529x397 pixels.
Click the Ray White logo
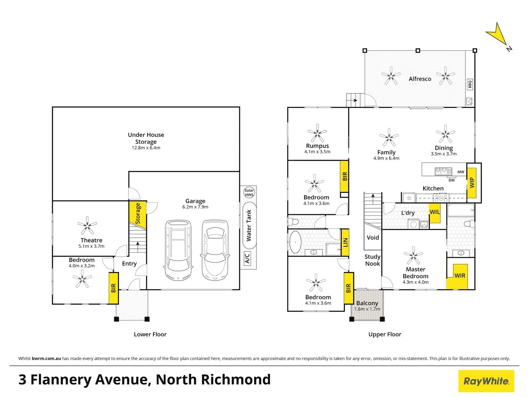click(486, 381)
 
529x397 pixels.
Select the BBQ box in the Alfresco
click(470, 85)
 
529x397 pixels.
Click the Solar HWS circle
click(249, 192)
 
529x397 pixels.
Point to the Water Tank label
click(249, 225)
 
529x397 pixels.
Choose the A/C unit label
click(247, 258)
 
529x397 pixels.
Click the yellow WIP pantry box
click(472, 183)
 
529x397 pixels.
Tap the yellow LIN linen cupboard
click(345, 242)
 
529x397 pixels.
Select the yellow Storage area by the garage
click(138, 214)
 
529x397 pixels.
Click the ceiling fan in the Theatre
click(87, 225)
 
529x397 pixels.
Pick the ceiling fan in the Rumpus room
click(317, 133)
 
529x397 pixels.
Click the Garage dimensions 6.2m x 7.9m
click(195, 207)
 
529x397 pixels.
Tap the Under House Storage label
click(146, 138)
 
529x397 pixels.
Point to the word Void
click(373, 237)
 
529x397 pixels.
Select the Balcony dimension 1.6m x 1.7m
click(367, 309)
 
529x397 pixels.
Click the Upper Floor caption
click(385, 335)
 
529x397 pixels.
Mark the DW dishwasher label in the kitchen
click(451, 180)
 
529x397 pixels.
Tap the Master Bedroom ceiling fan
click(413, 255)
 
